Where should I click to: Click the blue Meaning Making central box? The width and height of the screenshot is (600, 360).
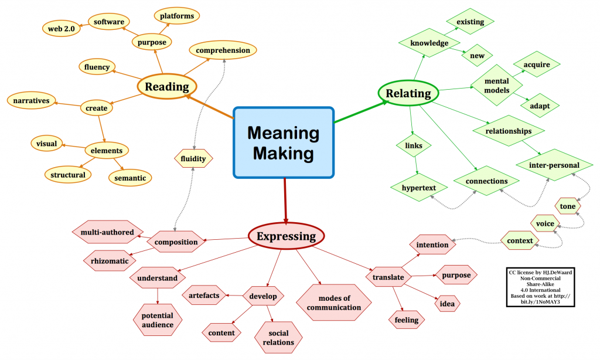(284, 142)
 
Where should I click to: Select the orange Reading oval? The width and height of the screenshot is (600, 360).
(167, 87)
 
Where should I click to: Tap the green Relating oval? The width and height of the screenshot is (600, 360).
(408, 93)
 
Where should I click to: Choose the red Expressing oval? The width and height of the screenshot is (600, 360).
(286, 236)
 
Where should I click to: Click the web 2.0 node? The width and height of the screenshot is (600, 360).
(61, 29)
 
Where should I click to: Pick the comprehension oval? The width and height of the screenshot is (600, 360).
(223, 50)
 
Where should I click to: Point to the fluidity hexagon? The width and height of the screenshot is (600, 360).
(193, 158)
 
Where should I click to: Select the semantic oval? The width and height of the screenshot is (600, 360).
(130, 178)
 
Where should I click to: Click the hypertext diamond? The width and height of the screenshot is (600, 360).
(419, 188)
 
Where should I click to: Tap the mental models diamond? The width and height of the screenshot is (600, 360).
(497, 86)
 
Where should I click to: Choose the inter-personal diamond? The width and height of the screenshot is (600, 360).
(554, 165)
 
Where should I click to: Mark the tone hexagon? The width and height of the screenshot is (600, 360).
(568, 206)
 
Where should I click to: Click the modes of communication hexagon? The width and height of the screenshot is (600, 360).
(333, 303)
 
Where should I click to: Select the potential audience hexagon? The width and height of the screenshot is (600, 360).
(158, 320)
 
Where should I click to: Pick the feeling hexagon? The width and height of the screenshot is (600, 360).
(407, 320)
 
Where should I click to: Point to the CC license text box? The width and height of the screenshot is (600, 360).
(540, 287)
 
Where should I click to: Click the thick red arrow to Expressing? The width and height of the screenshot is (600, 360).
(285, 201)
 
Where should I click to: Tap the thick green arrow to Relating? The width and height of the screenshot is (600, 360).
(362, 112)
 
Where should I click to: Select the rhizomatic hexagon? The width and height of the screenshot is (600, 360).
(110, 261)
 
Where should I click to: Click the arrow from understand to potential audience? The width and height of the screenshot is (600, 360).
(158, 296)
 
